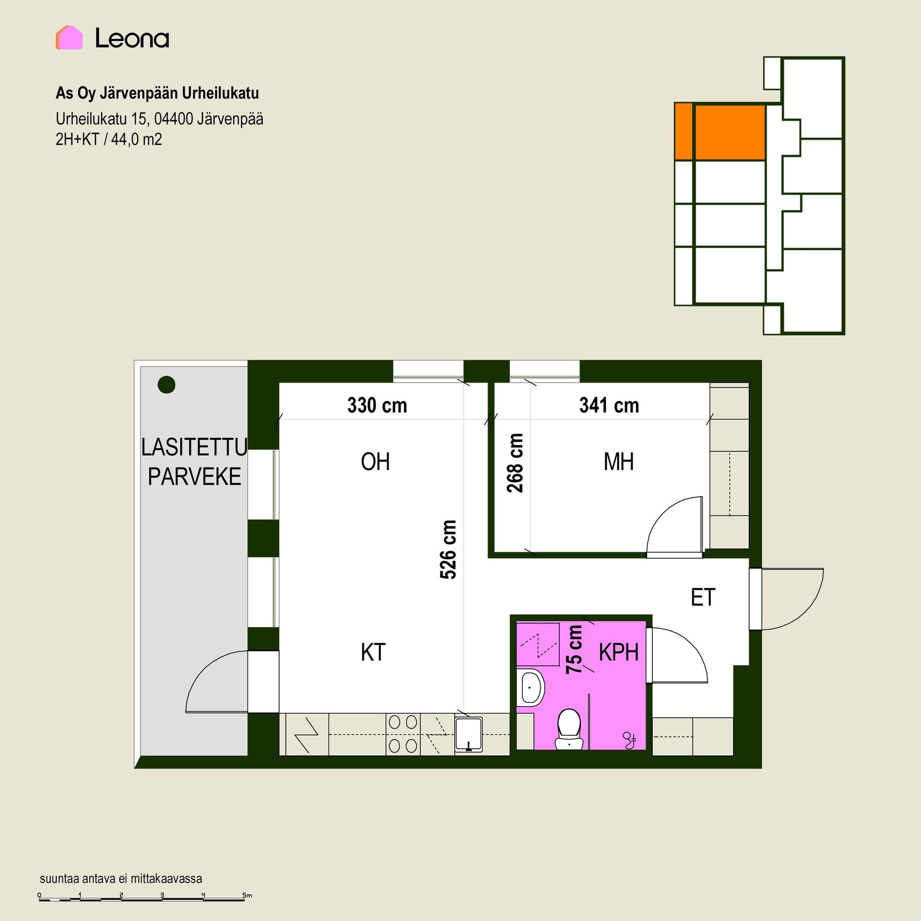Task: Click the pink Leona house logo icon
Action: tap(69, 37)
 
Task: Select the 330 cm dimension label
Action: tap(377, 405)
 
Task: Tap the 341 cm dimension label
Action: tap(609, 405)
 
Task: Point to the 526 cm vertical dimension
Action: tap(448, 549)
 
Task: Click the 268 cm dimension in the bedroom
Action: tap(515, 463)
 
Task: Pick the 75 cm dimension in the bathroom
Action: tap(574, 649)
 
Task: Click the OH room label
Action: tap(375, 462)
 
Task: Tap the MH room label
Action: tap(619, 462)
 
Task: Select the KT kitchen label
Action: tap(373, 652)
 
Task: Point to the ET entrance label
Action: tap(703, 597)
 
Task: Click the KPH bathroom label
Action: tap(619, 652)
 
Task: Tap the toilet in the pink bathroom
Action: tap(569, 729)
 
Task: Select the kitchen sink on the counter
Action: tap(469, 734)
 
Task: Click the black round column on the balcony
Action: tap(166, 384)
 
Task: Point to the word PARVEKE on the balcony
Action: tap(194, 476)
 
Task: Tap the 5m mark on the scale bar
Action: tap(247, 895)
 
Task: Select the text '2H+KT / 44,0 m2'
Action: tap(109, 140)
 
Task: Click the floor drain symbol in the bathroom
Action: tap(629, 741)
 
